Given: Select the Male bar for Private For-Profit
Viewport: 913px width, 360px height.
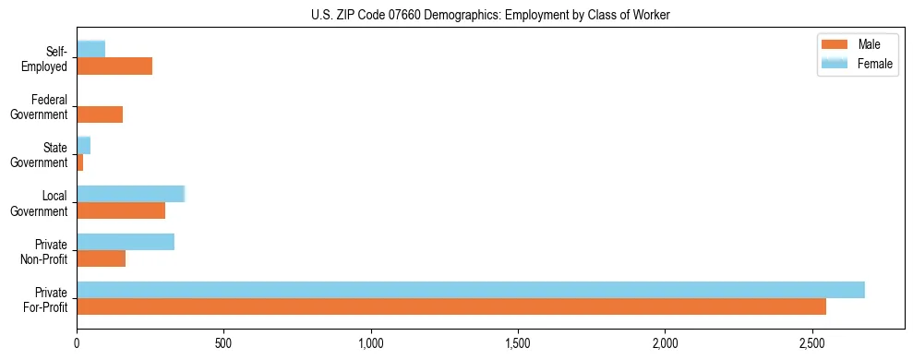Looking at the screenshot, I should (x=451, y=306).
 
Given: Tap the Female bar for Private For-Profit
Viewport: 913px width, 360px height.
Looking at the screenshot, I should (x=471, y=290).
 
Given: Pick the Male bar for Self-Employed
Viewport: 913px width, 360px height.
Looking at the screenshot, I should (x=114, y=66).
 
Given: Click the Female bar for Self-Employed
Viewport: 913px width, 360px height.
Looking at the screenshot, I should (x=91, y=49).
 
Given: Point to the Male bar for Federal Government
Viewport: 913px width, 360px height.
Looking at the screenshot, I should (x=100, y=114).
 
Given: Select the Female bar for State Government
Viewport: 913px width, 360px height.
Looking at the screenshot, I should (x=84, y=146).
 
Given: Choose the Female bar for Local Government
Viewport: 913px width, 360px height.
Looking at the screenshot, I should (x=131, y=194).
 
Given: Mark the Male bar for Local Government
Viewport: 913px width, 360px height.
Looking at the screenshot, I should (x=121, y=210).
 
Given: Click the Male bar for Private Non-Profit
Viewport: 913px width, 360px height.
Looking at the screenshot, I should (x=102, y=258).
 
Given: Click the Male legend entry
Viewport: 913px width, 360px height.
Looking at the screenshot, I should (x=854, y=45).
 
